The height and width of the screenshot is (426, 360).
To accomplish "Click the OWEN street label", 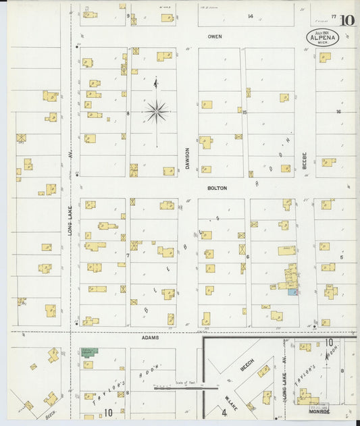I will coord(215,36).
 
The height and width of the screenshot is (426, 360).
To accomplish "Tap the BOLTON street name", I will coord(217,188).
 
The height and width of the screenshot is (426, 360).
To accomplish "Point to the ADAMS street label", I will coord(151,337).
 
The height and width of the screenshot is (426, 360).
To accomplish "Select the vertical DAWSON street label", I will coord(188,158).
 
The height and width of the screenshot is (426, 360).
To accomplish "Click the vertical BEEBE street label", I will coord(305,159).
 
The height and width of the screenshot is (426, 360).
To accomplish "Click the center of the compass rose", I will coord(156,111).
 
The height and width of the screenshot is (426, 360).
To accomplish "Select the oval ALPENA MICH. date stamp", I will coord(322,37).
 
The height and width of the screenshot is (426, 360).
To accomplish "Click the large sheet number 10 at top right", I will coord(347,20).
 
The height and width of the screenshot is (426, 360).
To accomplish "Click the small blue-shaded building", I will coord(292,292).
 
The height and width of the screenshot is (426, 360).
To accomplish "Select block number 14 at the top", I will coord(250,16).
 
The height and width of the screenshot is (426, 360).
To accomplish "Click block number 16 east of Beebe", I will coord(338,112).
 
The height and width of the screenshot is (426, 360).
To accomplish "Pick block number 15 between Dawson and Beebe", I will coord(245,113).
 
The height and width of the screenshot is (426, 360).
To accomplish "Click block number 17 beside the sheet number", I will coord(334,16).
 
